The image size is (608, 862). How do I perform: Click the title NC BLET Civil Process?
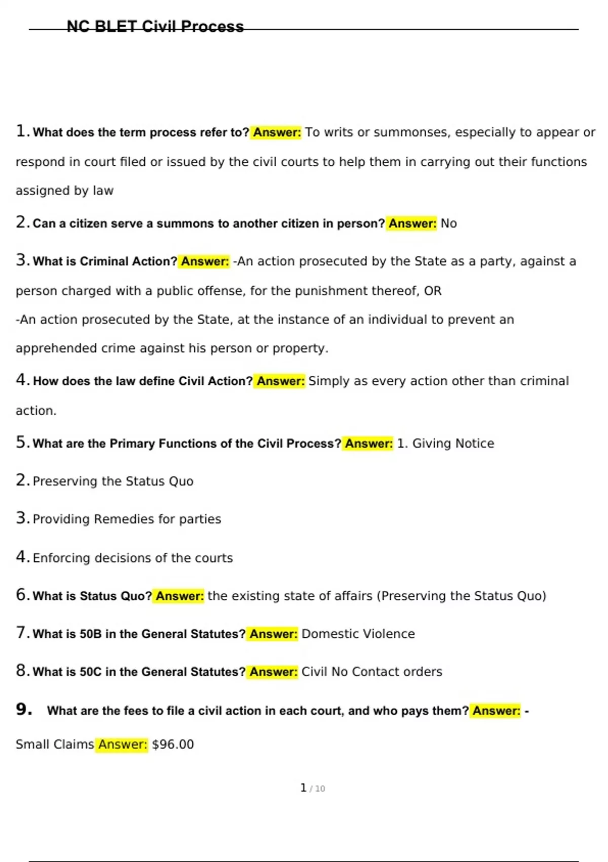[x=155, y=26]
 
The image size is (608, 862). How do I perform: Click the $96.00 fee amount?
[x=173, y=744]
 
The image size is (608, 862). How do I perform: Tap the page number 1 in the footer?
[x=303, y=787]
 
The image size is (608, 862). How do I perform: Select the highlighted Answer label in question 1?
[x=277, y=132]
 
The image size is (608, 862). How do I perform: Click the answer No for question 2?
[x=448, y=224]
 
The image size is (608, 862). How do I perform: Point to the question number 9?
[x=23, y=709]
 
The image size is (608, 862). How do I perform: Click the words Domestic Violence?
[x=358, y=634]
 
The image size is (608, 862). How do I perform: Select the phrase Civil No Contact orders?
[x=371, y=672]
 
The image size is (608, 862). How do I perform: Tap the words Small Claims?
[x=55, y=744]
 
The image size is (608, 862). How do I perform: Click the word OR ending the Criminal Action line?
[x=433, y=291]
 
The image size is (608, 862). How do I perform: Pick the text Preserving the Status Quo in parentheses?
[x=462, y=596]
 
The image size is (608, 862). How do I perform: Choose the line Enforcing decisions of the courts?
[x=132, y=558]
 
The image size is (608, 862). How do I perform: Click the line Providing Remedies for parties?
[x=127, y=519]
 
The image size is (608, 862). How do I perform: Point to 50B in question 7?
[x=91, y=634]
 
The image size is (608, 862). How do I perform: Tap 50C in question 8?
[x=91, y=672]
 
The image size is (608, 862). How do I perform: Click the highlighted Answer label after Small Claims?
[x=122, y=744]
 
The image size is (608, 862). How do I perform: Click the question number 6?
[x=22, y=595]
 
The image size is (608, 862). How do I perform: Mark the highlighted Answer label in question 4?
[x=280, y=381]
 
